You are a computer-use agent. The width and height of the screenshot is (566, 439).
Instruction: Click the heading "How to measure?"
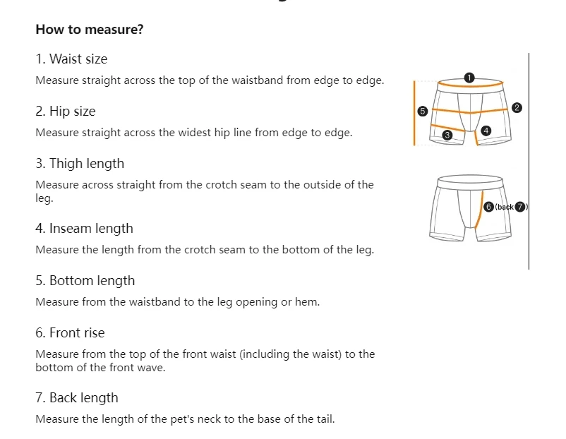coord(90,30)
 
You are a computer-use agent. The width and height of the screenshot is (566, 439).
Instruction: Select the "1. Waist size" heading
coord(71,59)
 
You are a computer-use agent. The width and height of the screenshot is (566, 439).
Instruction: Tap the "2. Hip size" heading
coord(65,112)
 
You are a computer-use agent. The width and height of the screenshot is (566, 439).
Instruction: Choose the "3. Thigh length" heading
coord(80,164)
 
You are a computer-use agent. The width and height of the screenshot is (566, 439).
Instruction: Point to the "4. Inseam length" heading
coord(84,229)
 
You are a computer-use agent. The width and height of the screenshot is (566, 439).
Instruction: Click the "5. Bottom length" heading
coord(85,281)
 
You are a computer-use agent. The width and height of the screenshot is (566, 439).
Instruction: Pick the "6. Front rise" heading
coord(70,333)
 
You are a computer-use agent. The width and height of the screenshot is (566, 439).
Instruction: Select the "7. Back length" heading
coord(77,398)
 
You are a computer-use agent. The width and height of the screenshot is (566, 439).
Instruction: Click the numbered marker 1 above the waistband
coord(470,77)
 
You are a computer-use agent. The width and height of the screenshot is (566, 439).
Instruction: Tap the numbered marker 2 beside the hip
coord(517,108)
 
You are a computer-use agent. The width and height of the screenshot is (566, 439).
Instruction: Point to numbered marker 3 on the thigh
coord(447,135)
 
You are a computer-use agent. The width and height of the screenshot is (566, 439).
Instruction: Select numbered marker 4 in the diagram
coord(486,131)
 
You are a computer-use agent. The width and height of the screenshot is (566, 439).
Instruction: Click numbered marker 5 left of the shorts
coord(423,111)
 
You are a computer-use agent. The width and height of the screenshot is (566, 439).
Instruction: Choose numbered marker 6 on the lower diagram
coord(488,207)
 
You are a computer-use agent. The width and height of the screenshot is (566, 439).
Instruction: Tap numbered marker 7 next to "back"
coord(521,207)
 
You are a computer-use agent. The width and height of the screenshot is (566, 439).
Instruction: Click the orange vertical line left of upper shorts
coord(414,113)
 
